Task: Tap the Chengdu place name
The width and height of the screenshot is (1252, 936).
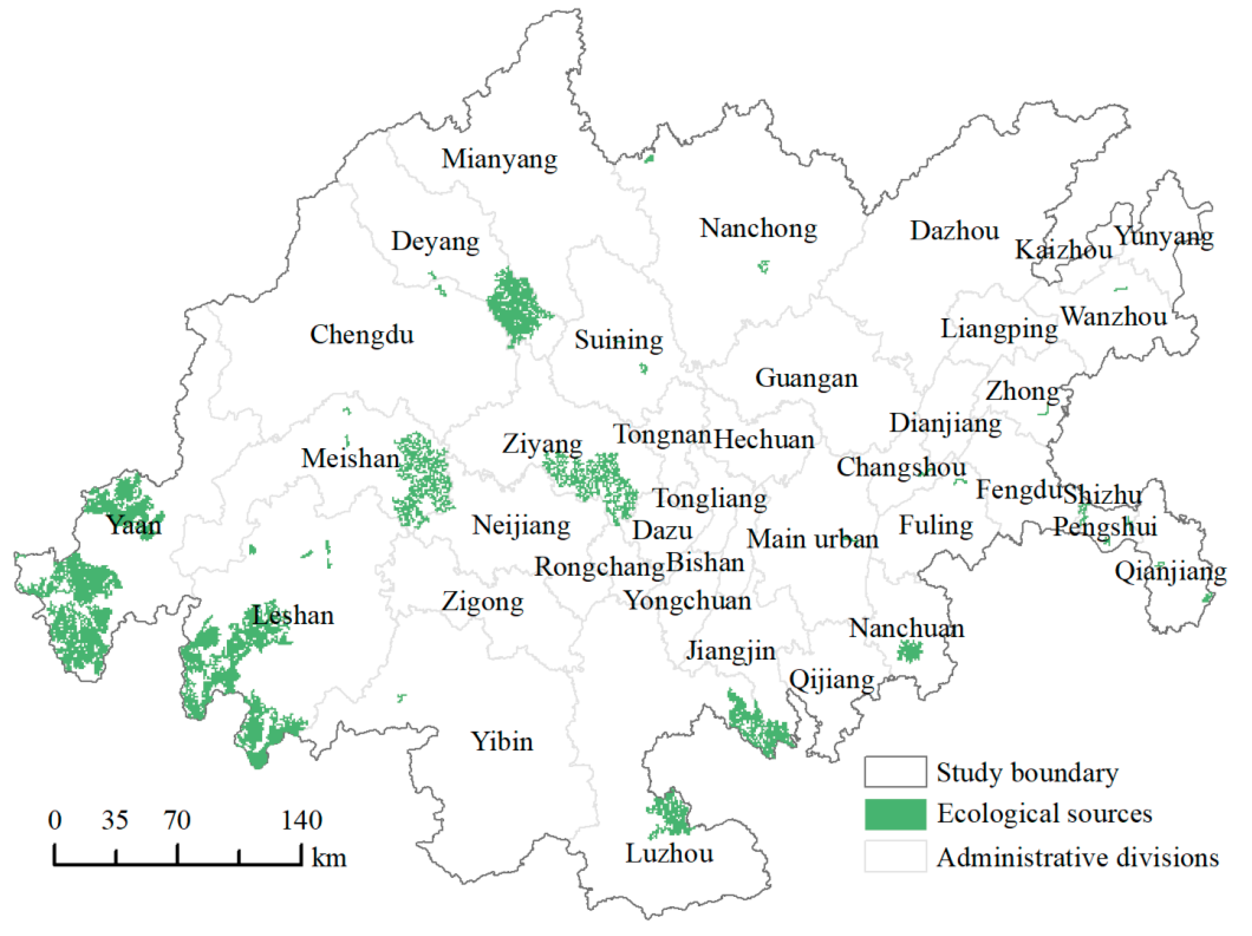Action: pos(362,335)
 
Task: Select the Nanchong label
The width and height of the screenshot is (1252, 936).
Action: pos(758,229)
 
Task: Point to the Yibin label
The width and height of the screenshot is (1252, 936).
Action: pos(502,742)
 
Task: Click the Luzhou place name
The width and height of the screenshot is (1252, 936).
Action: pos(669,853)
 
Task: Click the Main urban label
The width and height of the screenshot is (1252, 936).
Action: pos(812,539)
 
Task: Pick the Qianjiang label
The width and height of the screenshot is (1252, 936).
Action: pos(1170,572)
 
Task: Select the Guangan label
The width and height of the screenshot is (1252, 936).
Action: pos(806,378)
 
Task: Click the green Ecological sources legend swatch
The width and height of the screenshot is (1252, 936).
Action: pos(895,814)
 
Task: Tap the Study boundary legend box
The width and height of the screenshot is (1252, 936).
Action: pos(895,772)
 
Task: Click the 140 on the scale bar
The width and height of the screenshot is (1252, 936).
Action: pos(302,820)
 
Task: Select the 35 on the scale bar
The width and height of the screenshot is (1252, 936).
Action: pos(115,820)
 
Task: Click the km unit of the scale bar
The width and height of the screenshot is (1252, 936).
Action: pos(329,859)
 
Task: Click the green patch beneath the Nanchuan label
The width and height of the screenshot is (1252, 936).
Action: pos(909,652)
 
